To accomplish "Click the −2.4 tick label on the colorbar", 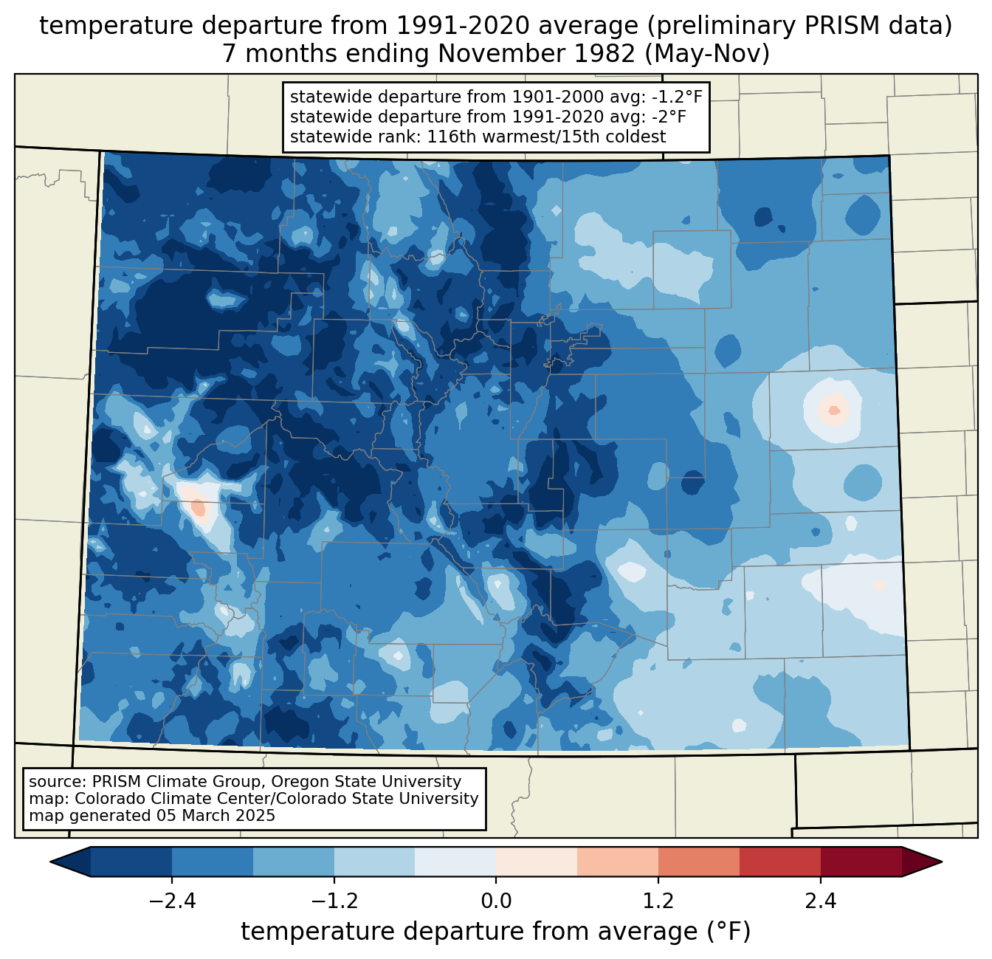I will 172,901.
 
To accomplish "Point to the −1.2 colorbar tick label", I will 334,901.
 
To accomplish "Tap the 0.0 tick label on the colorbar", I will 496,901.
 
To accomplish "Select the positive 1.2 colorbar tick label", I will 658,901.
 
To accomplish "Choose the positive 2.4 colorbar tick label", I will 821,901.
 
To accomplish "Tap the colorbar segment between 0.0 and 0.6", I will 537,862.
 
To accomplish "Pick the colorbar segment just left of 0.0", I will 455,862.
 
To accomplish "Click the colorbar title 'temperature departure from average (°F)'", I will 496,932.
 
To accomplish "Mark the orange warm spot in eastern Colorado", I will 834,410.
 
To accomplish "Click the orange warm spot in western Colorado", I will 198,507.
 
